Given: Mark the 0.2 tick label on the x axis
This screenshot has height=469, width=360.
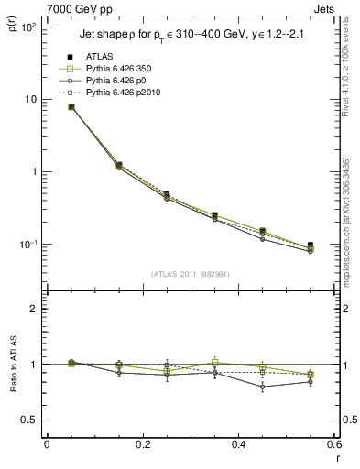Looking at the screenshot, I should coord(142,444).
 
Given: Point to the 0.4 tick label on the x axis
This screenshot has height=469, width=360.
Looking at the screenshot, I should coord(238,444).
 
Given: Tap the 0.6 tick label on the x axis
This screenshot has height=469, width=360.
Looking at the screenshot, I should coord(333,444).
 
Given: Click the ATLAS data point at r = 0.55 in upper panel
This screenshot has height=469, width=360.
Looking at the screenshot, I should coord(311,245).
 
